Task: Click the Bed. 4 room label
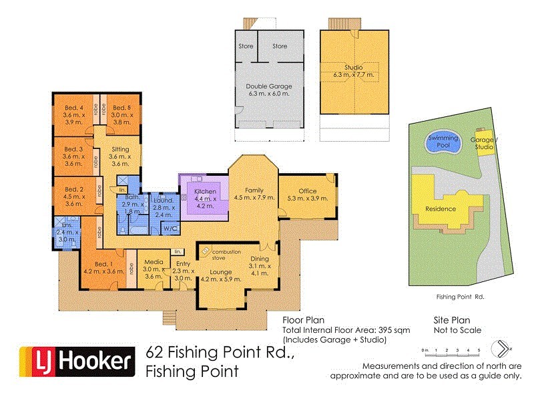(73, 108)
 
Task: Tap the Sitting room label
(120, 150)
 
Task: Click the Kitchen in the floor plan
(205, 192)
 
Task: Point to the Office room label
(307, 191)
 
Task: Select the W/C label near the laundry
(170, 229)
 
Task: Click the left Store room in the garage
(246, 46)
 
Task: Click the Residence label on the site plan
(441, 209)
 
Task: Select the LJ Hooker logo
(74, 362)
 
